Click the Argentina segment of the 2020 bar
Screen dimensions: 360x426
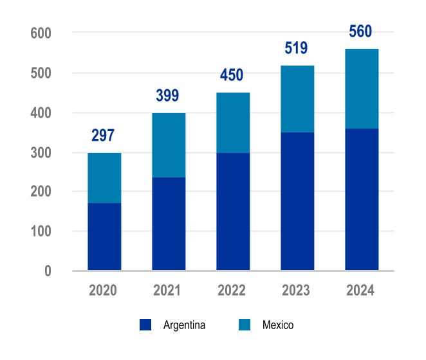click(x=104, y=237)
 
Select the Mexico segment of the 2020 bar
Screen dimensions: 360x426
click(x=104, y=178)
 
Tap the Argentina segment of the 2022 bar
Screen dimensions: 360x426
click(x=233, y=212)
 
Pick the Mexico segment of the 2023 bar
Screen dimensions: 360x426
click(x=297, y=99)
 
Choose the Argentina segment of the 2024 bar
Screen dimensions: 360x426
click(x=362, y=199)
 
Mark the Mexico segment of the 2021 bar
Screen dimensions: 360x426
click(x=169, y=145)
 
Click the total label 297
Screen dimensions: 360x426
click(x=104, y=136)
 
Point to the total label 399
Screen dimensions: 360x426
click(x=167, y=96)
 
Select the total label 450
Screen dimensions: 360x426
click(x=232, y=75)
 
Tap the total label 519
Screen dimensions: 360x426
click(x=296, y=48)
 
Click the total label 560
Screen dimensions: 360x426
click(x=360, y=32)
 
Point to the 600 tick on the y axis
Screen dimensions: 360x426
click(x=41, y=33)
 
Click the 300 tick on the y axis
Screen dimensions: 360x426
click(x=41, y=153)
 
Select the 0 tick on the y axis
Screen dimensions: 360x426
click(x=48, y=271)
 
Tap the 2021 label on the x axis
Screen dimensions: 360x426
click(x=167, y=291)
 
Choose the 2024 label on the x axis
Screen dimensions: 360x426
click(x=360, y=291)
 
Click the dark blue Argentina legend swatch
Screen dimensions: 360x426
click(x=145, y=325)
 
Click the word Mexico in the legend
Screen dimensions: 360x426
click(x=278, y=325)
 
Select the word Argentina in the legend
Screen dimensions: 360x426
click(x=184, y=325)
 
